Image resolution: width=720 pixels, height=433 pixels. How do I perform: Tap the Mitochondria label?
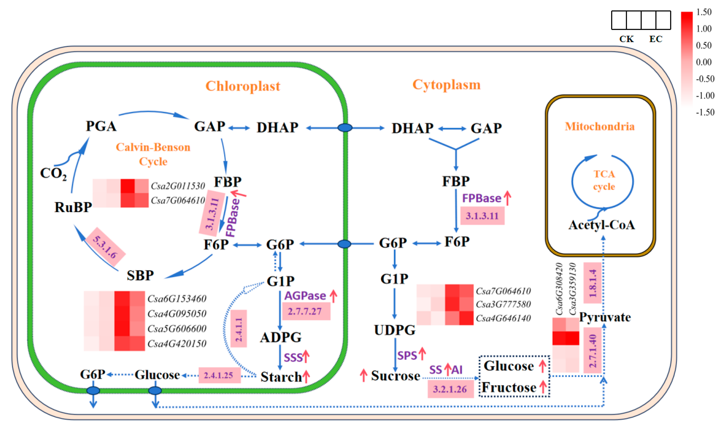599,127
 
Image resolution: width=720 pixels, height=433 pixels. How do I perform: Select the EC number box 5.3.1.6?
106,246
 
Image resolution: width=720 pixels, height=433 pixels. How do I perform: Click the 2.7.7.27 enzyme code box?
306,311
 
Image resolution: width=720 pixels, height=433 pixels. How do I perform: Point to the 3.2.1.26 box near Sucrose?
450,389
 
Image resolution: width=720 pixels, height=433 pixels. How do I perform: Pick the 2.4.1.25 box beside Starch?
219,375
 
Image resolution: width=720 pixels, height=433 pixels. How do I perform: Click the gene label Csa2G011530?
178,186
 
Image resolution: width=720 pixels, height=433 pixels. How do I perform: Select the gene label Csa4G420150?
177,343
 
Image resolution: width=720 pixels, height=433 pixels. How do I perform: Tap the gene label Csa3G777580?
503,304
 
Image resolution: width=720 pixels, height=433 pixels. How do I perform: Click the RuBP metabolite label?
73,207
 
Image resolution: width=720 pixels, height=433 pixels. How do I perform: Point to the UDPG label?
395,330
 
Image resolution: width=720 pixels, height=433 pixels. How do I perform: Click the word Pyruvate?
605,317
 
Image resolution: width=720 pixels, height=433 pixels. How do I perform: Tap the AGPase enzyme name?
305,296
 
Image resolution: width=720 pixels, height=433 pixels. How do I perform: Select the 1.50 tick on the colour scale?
704,12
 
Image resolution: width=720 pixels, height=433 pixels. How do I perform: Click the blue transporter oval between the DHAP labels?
345,128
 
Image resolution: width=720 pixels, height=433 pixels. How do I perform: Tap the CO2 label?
53,174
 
